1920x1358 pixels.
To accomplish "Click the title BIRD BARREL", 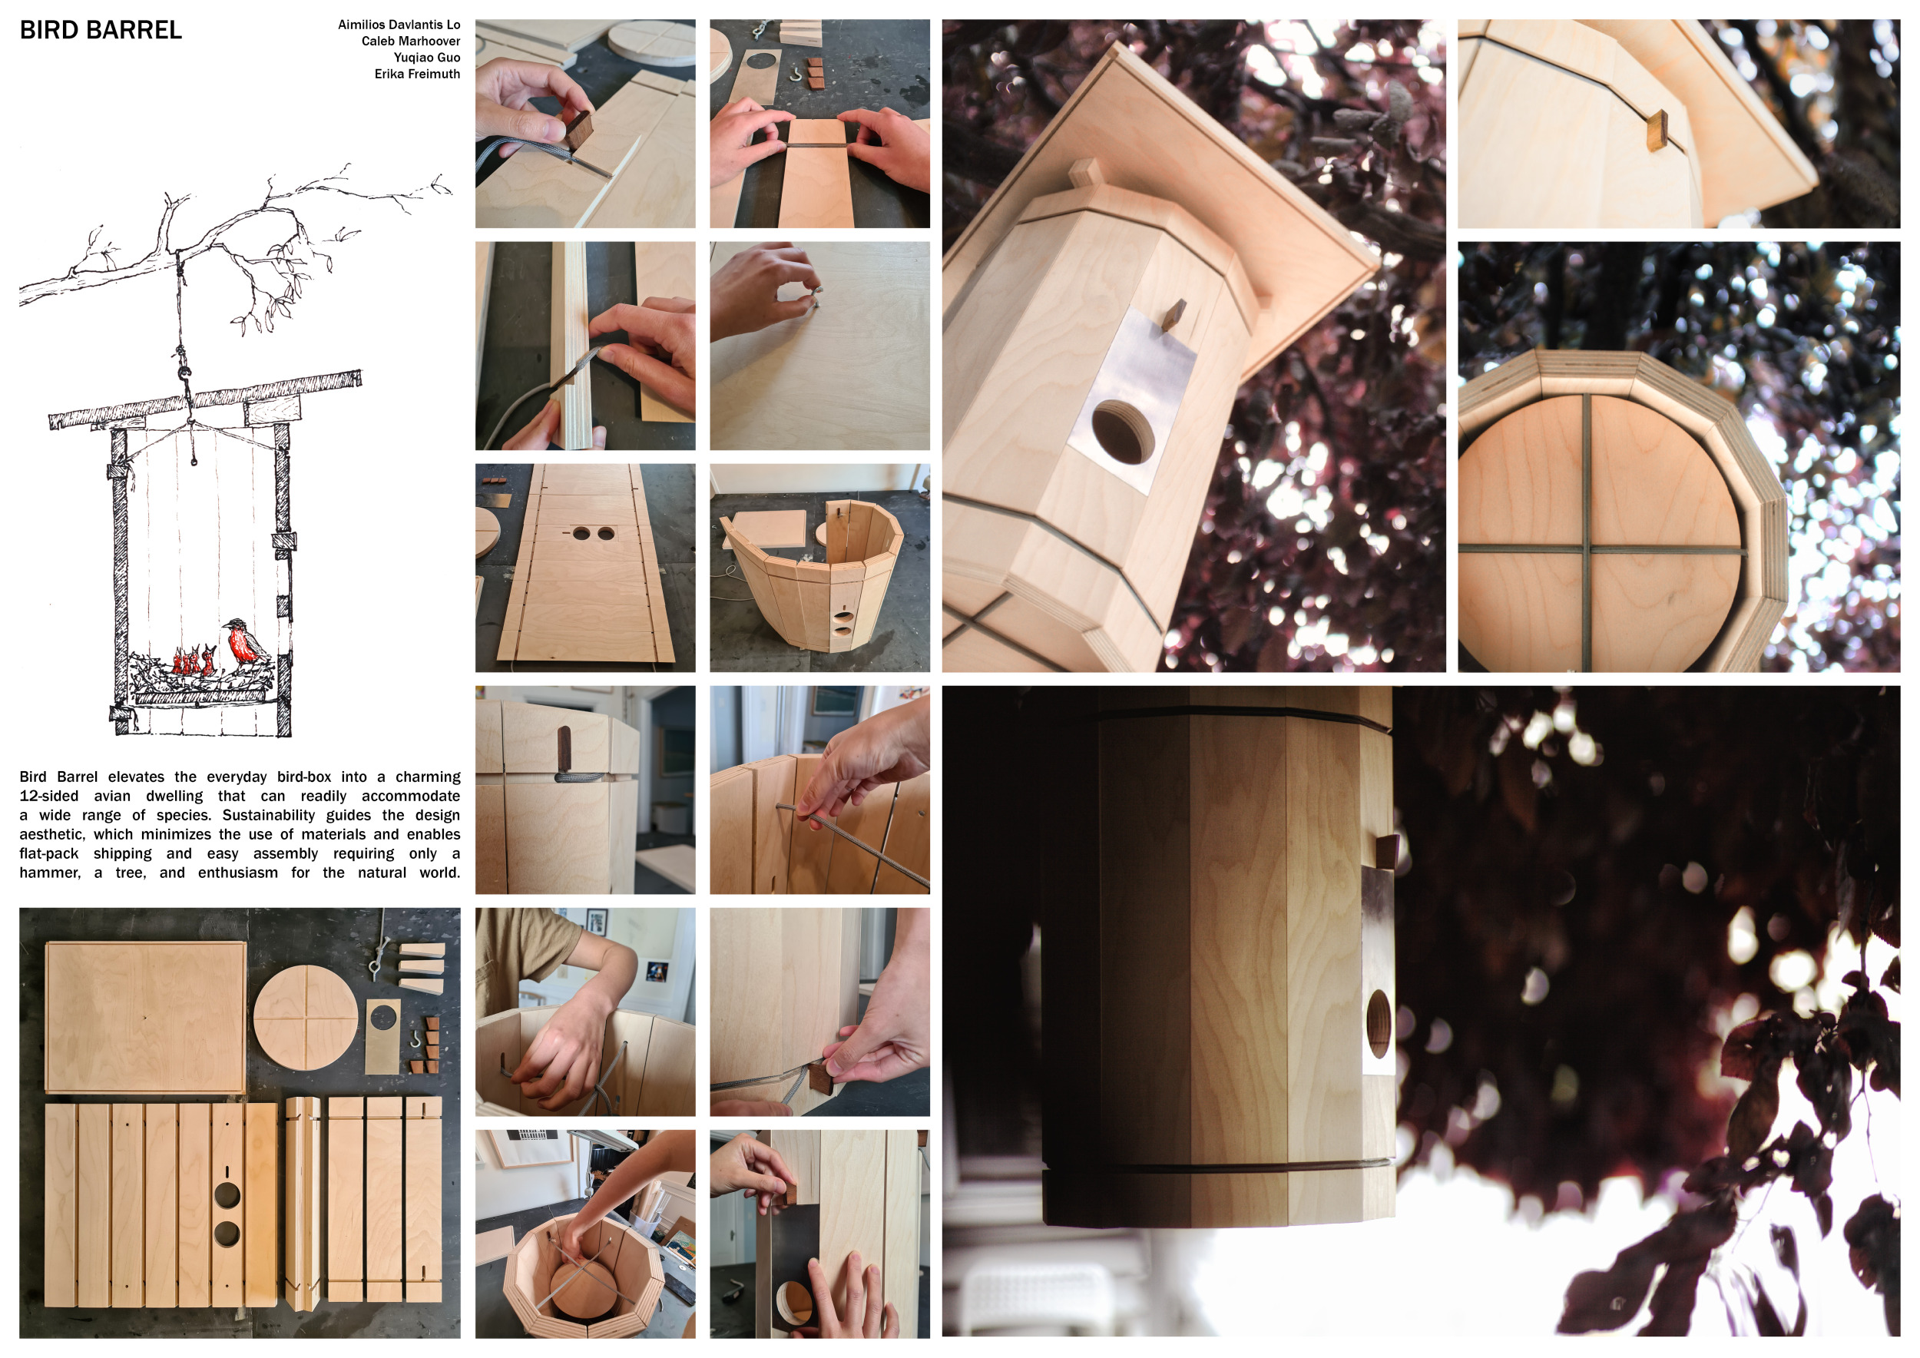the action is click(x=101, y=30).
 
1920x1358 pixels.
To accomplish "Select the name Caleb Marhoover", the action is click(x=411, y=41).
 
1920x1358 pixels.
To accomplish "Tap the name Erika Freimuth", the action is click(x=417, y=74).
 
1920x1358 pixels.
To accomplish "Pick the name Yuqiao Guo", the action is click(x=426, y=57).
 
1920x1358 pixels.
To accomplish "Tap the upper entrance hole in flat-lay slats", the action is click(x=227, y=1194).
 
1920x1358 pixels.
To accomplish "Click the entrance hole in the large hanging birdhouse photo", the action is click(x=1124, y=432).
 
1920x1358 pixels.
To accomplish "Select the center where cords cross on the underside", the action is click(x=1587, y=549).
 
